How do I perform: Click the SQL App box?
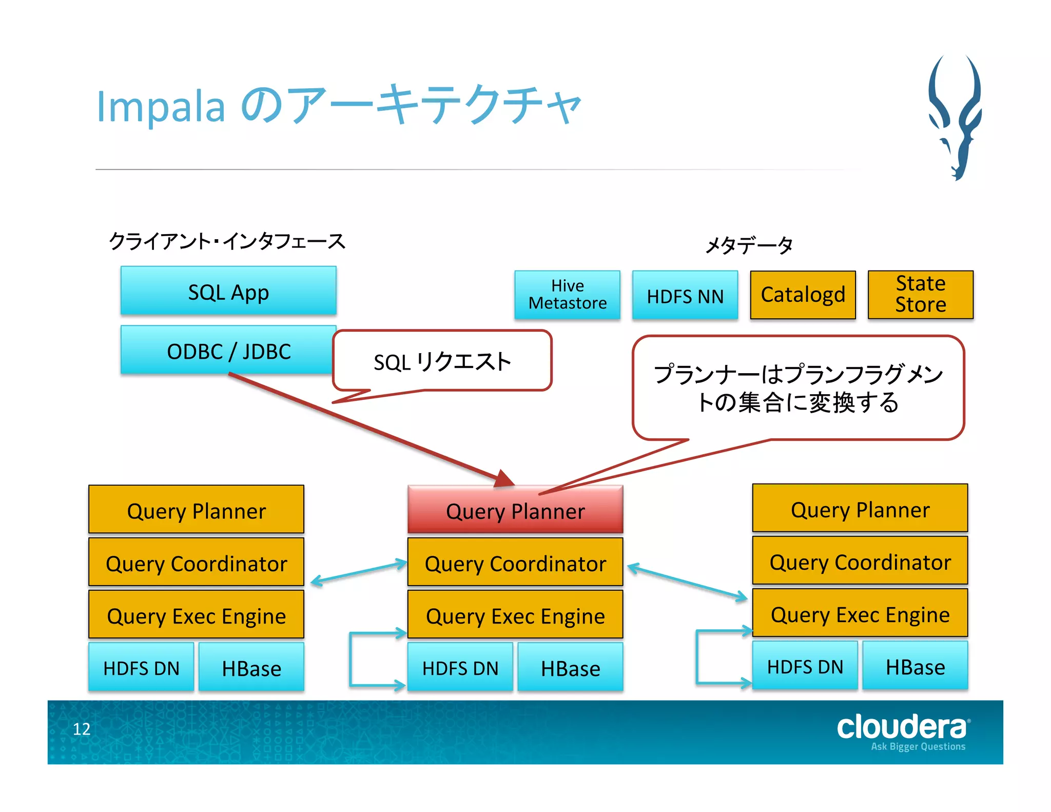coord(228,291)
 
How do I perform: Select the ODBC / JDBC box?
coord(228,351)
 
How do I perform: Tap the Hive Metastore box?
coord(567,295)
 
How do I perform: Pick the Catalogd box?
coord(803,295)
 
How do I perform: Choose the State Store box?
coord(920,294)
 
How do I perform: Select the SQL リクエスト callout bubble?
coord(442,361)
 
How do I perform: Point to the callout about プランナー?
coord(798,388)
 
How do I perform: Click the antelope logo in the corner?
coord(956,118)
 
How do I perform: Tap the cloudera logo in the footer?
coord(903,731)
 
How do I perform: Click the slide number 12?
coord(82,729)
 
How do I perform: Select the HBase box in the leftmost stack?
coord(251,667)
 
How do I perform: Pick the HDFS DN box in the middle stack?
coord(460,667)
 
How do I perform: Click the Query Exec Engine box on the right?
coord(860,614)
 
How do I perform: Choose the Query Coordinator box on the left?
coord(196,563)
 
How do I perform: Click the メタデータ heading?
coord(749,244)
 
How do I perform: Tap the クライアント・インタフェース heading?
coord(227,241)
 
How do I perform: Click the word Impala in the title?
coord(161,107)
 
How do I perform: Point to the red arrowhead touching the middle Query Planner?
coord(504,478)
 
